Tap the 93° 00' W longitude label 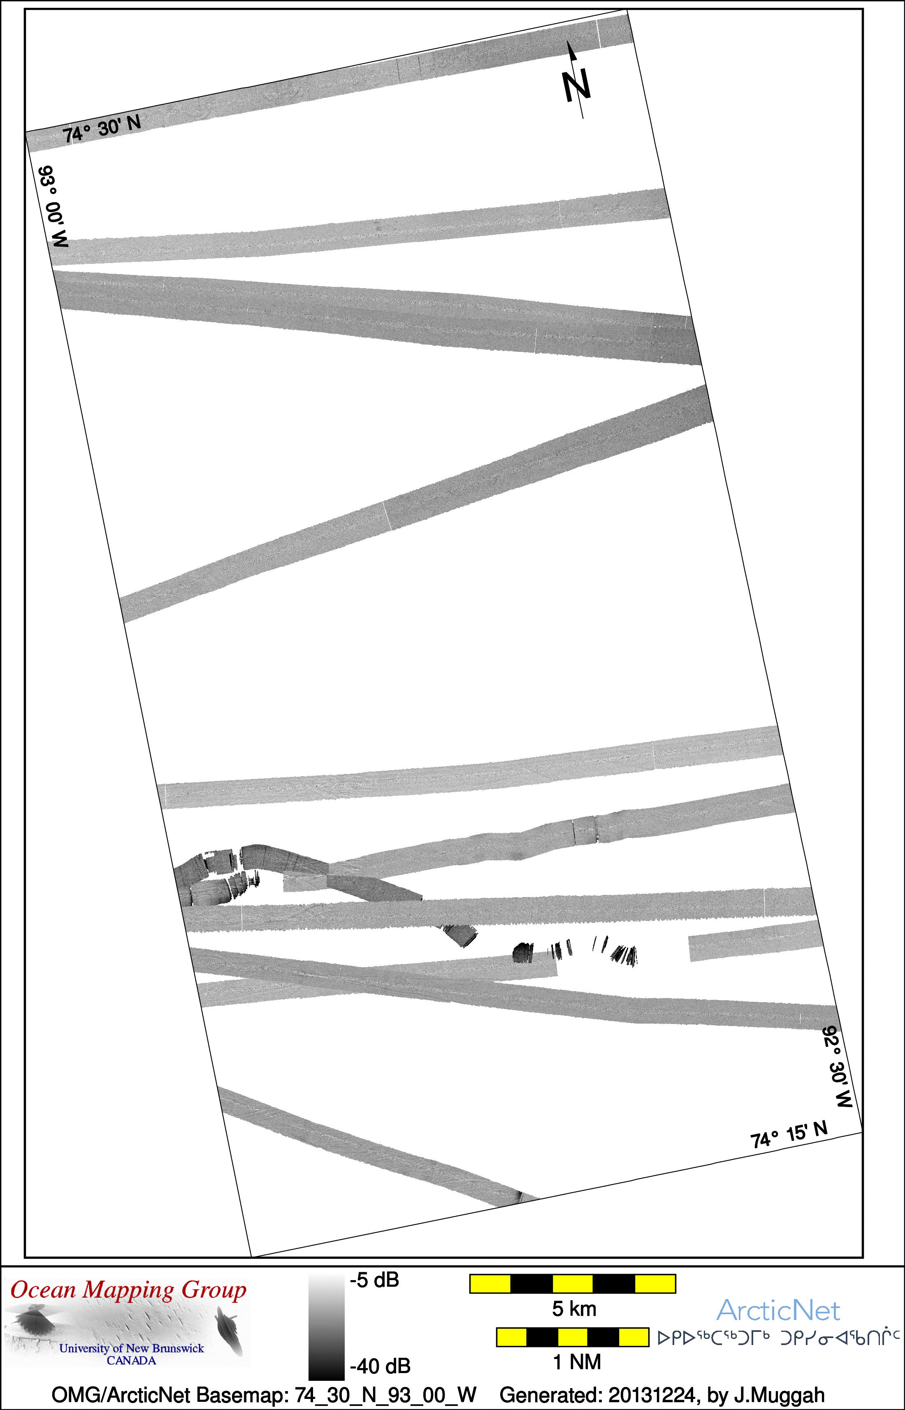(x=53, y=206)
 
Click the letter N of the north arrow (x=576, y=86)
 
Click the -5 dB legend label (x=374, y=1280)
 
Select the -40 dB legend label (x=380, y=1366)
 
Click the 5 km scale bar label (x=574, y=1309)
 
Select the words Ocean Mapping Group (x=128, y=1291)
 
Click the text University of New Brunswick (x=132, y=1348)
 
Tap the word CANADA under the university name (x=131, y=1361)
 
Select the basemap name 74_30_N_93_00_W (x=385, y=1395)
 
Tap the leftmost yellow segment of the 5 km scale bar (x=490, y=1284)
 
